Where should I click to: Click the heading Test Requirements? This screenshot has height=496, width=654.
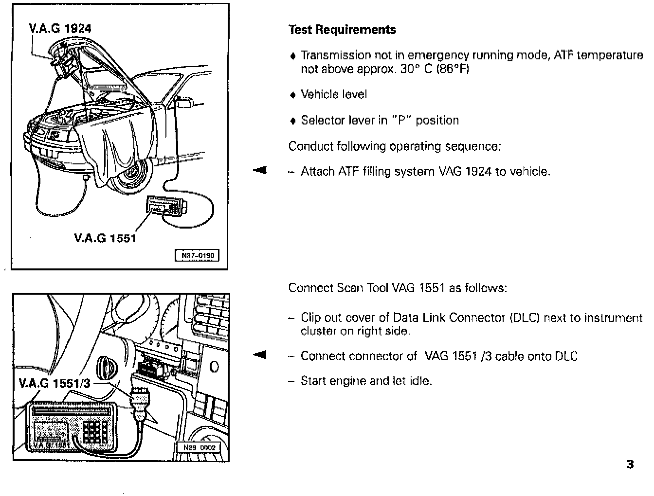[x=342, y=30]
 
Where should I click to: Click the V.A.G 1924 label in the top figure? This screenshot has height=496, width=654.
[x=60, y=29]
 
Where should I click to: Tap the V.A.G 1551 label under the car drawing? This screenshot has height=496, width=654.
[x=105, y=238]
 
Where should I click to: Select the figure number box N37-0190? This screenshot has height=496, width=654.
[x=197, y=255]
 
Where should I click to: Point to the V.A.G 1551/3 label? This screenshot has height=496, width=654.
[x=54, y=384]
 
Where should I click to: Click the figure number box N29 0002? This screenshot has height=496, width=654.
[x=199, y=448]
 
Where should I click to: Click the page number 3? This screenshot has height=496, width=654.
[x=630, y=464]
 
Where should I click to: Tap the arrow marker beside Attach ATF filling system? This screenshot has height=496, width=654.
[x=260, y=170]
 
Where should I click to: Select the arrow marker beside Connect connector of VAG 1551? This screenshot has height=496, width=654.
[x=260, y=354]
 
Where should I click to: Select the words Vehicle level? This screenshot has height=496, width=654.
[x=334, y=94]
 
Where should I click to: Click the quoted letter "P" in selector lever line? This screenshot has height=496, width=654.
[x=402, y=120]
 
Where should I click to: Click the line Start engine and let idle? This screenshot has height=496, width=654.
[x=366, y=381]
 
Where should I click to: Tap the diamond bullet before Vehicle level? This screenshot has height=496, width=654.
[x=292, y=95]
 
